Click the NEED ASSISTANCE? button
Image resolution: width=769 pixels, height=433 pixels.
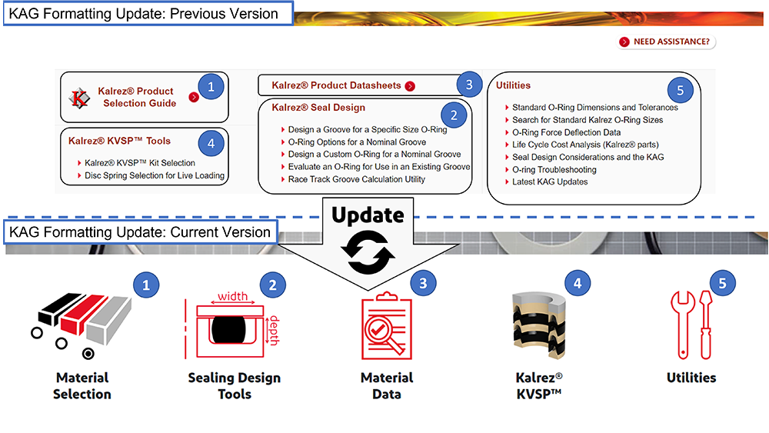667,42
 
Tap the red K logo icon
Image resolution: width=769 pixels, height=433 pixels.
80,98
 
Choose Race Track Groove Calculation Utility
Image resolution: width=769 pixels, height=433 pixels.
357,179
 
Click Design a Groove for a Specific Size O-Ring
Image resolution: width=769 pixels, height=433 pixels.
368,129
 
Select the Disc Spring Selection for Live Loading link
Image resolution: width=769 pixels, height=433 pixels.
155,175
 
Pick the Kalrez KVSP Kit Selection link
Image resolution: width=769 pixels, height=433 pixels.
140,163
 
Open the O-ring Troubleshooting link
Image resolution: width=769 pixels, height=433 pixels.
554,169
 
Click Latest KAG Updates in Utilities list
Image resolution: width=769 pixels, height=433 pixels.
550,182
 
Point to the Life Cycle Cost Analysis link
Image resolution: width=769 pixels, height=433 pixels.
585,145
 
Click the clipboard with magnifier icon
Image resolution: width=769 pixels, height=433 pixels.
387,327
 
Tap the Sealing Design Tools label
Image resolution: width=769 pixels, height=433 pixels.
235,385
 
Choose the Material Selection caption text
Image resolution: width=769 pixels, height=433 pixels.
82,385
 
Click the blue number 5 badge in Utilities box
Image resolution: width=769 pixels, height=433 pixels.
680,90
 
